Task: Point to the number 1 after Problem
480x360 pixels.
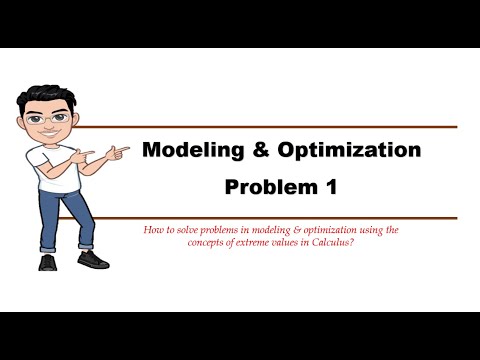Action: click(335, 186)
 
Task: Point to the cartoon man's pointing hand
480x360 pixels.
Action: click(117, 152)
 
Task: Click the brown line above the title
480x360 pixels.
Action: click(300, 127)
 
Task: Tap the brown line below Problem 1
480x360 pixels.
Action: click(300, 218)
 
